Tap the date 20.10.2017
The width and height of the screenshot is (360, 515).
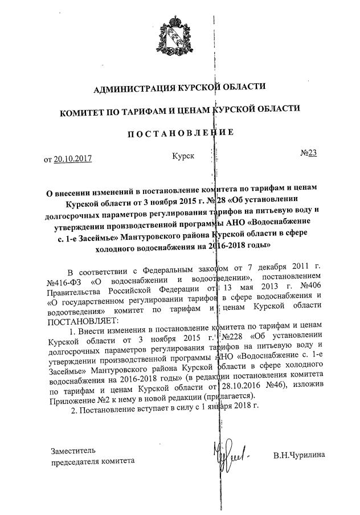72,159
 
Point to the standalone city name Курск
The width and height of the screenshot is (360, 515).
183,155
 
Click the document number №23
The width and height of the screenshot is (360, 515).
308,154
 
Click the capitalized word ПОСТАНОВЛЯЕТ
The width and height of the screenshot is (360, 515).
78,320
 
